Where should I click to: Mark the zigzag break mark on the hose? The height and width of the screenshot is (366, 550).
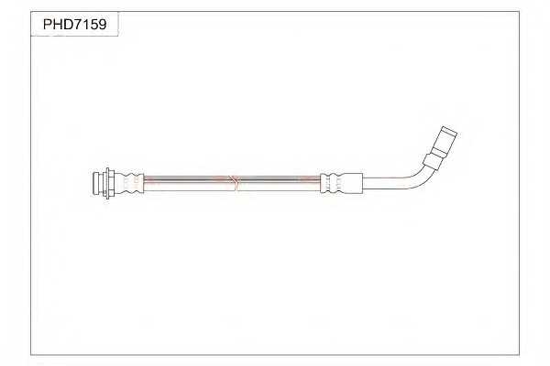click(x=236, y=182)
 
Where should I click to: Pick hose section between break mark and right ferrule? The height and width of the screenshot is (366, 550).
click(x=280, y=182)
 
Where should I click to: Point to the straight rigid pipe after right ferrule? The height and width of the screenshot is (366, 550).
click(x=385, y=182)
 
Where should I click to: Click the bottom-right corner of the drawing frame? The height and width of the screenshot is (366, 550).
click(x=520, y=354)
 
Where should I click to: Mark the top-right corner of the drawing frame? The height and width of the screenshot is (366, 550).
click(x=520, y=13)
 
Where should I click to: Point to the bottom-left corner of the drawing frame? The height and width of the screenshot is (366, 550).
click(x=31, y=354)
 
